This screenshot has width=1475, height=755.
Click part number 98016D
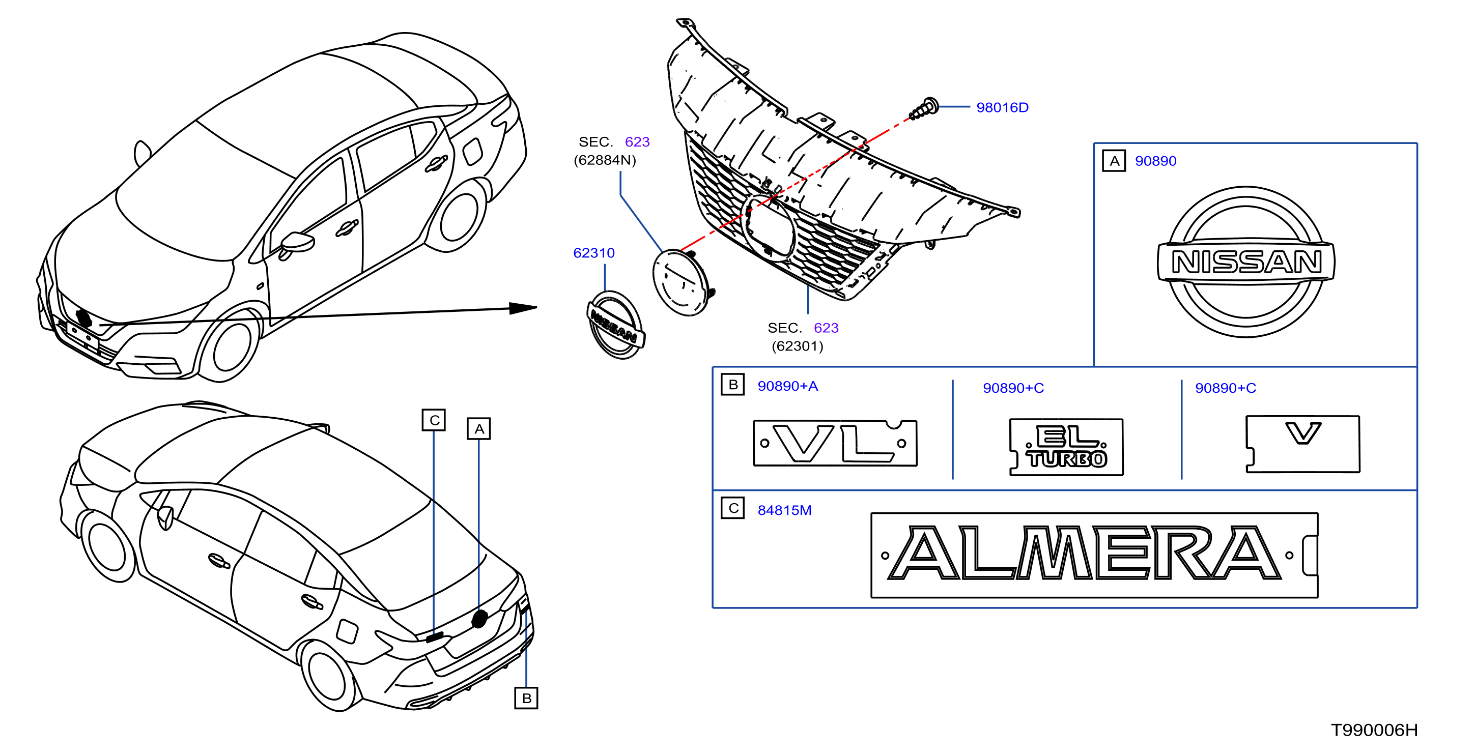pyautogui.click(x=1002, y=108)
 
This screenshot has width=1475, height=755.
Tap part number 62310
pyautogui.click(x=594, y=253)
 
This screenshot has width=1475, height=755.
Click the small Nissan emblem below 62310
pyautogui.click(x=615, y=325)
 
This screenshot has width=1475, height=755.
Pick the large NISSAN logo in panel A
pyautogui.click(x=1246, y=262)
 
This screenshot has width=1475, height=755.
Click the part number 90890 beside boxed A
pyautogui.click(x=1155, y=161)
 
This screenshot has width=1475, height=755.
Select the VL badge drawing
pyautogui.click(x=835, y=443)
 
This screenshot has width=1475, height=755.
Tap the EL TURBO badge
pyautogui.click(x=1066, y=447)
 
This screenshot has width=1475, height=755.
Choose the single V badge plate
pyautogui.click(x=1302, y=444)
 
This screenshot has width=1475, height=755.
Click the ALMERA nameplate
pyautogui.click(x=1094, y=555)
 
